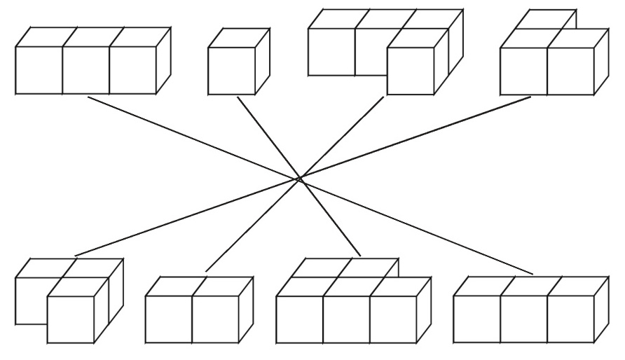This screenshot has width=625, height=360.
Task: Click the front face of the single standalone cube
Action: tap(231, 70)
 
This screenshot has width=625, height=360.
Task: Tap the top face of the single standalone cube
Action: tap(239, 38)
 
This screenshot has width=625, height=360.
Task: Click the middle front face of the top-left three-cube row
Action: tap(85, 70)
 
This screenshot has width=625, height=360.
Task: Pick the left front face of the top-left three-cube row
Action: tap(39, 70)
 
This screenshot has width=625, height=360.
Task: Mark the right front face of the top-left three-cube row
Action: tap(132, 70)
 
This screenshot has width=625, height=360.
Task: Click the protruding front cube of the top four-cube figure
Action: tap(411, 71)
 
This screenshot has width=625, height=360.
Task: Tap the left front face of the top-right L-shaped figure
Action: tap(523, 71)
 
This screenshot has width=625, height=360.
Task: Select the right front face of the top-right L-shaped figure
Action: tap(570, 71)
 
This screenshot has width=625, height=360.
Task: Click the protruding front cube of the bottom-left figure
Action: tap(71, 319)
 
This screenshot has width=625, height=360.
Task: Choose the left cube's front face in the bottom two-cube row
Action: tap(168, 319)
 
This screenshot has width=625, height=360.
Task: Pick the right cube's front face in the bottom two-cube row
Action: tap(215, 319)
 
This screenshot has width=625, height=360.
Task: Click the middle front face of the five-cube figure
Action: tap(346, 319)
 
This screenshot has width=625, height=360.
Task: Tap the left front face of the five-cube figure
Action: tap(299, 319)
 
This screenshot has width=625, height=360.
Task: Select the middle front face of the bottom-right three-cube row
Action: tap(524, 319)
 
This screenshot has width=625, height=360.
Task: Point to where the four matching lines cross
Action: tap(299, 179)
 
